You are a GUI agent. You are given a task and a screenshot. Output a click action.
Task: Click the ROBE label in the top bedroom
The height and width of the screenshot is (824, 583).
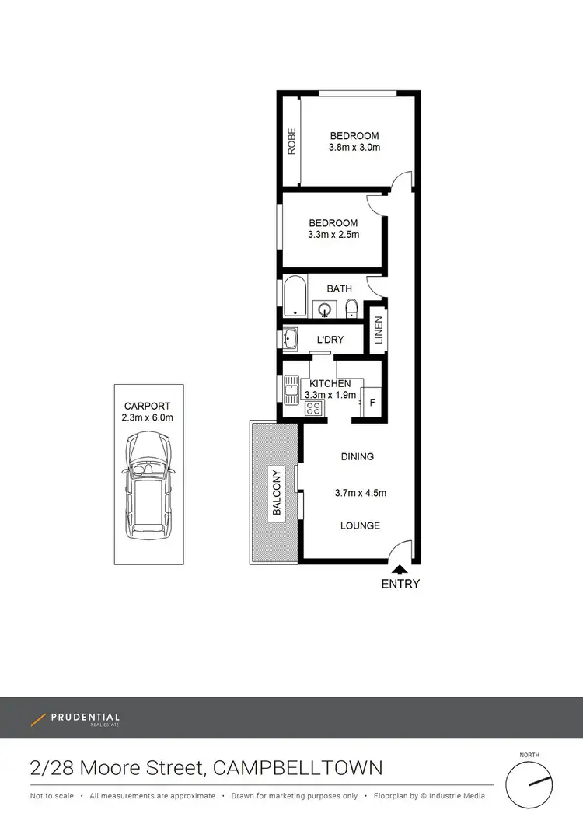(292, 141)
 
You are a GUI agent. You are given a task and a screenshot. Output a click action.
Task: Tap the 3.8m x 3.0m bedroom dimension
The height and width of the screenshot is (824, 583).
(354, 148)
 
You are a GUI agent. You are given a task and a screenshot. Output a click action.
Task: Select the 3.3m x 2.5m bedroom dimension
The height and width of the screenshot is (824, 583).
(334, 235)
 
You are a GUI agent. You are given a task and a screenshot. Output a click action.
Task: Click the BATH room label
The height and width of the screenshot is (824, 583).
(339, 288)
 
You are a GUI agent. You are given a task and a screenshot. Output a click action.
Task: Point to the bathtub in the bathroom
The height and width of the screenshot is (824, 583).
(295, 297)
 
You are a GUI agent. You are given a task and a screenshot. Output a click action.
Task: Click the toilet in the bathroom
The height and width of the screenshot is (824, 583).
(351, 309)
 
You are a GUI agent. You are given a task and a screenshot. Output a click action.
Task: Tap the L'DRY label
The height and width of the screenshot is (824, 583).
(330, 340)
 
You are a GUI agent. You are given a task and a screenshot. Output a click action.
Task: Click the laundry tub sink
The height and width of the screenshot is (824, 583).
(290, 338)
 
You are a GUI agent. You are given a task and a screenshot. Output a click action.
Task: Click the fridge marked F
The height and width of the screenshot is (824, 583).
(372, 403)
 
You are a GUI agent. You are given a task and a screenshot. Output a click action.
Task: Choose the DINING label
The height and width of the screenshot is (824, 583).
(357, 456)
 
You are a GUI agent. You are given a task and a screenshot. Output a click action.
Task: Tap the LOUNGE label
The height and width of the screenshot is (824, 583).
(360, 525)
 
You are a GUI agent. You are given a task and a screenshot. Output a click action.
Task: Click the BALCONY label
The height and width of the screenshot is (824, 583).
(276, 493)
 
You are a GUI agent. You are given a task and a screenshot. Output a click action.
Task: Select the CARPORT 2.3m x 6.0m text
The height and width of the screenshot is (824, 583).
(148, 412)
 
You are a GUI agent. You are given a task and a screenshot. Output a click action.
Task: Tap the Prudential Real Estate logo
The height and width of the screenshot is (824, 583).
(75, 719)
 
